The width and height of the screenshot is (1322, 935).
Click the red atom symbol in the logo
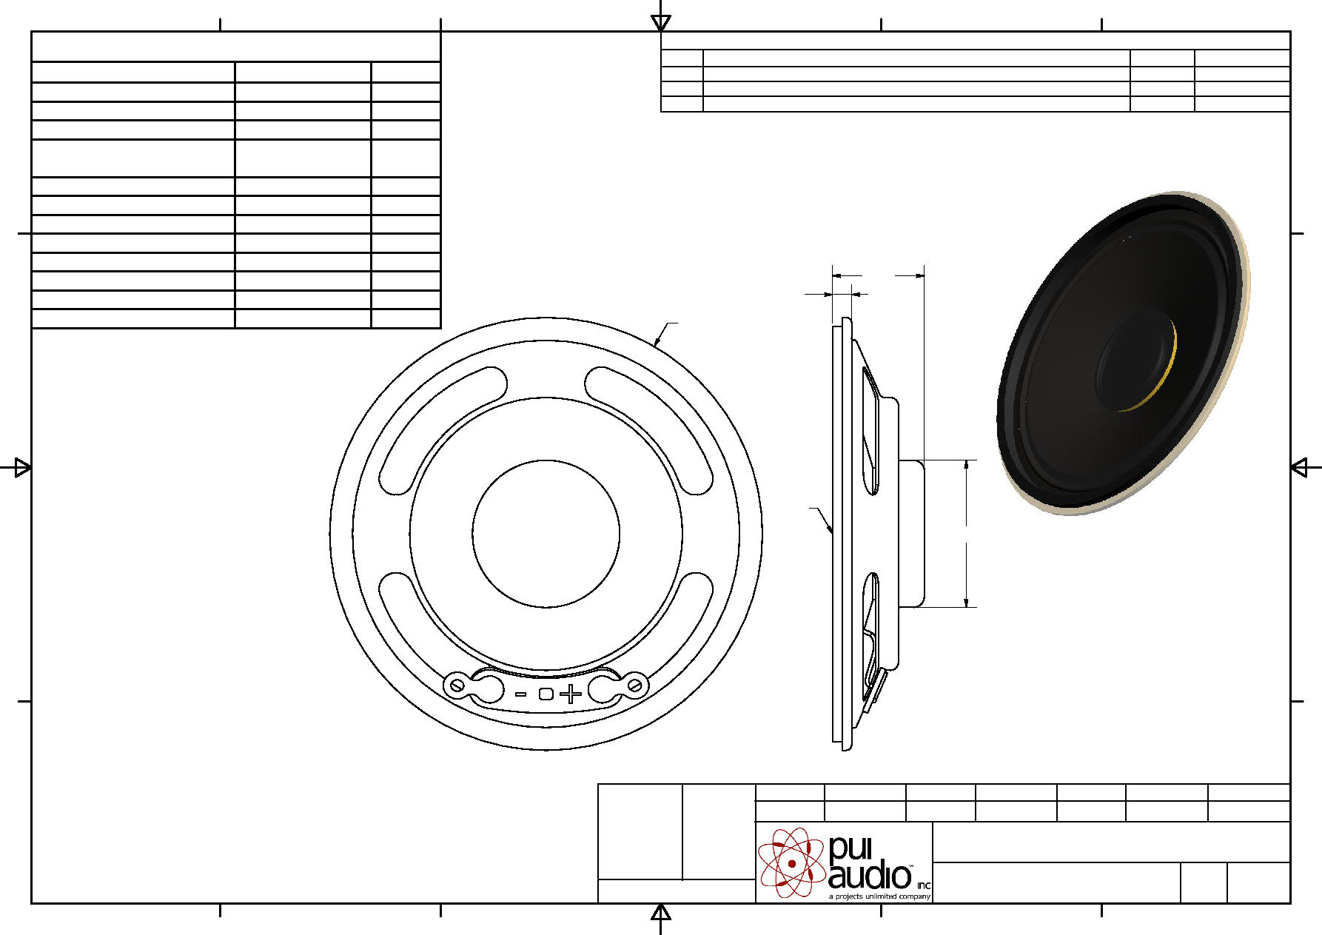(x=791, y=862)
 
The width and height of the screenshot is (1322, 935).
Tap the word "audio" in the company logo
(x=869, y=876)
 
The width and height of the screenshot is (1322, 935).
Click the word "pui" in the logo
(x=850, y=848)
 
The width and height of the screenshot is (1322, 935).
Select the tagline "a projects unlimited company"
(x=879, y=897)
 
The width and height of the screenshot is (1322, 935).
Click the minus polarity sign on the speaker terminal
(x=521, y=694)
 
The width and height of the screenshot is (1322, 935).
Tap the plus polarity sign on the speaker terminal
(x=571, y=694)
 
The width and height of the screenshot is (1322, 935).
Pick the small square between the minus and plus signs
(x=546, y=694)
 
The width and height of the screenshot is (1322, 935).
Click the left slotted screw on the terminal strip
(x=457, y=686)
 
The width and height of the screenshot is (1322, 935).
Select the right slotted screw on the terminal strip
(x=634, y=686)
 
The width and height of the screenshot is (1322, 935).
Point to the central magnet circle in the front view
(x=546, y=460)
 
